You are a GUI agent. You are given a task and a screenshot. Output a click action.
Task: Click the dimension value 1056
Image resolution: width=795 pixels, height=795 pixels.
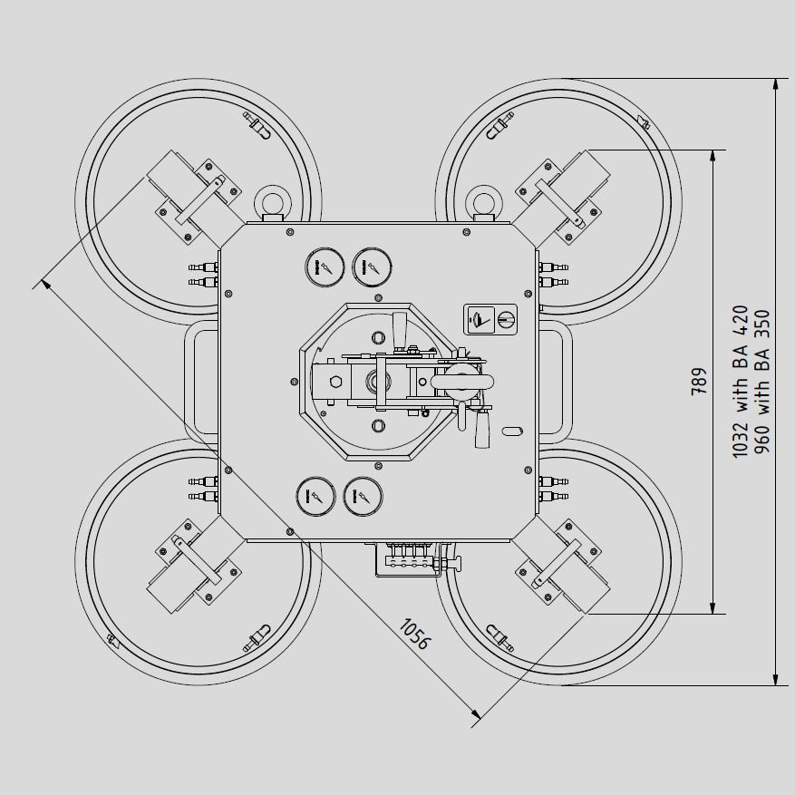point(415,634)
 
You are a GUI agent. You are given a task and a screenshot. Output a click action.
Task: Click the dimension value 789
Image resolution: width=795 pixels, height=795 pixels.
point(699,382)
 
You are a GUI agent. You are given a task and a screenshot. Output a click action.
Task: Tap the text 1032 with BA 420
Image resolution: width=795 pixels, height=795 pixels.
point(741,382)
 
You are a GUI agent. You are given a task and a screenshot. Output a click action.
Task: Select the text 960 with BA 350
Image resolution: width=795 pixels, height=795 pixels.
point(761,382)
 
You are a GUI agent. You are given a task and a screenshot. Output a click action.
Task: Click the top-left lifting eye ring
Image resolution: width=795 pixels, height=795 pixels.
point(272,203)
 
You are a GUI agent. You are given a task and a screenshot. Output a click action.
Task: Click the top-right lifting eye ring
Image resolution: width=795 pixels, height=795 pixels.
point(484,203)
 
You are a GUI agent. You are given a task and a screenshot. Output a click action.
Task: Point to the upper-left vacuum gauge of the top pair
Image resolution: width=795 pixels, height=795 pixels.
point(325,267)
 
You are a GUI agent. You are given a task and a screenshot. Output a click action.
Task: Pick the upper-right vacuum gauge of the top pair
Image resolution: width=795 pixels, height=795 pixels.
point(373,267)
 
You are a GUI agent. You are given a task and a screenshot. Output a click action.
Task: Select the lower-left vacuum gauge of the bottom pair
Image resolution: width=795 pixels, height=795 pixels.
point(315,496)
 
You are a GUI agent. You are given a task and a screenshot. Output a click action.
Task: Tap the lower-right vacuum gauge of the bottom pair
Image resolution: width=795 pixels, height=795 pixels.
point(364,496)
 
